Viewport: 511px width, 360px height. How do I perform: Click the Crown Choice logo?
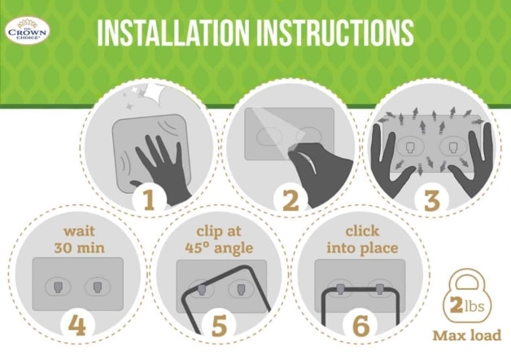pyautogui.click(x=28, y=31)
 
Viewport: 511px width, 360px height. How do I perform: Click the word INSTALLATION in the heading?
pyautogui.click(x=175, y=33)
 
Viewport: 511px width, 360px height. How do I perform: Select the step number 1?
pyautogui.click(x=149, y=200)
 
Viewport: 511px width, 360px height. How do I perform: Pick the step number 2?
pyautogui.click(x=290, y=200)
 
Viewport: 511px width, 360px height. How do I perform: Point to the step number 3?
pyautogui.click(x=432, y=200)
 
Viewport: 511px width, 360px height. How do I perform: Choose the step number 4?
pyautogui.click(x=77, y=325)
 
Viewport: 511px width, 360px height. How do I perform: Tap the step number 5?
pyautogui.click(x=219, y=325)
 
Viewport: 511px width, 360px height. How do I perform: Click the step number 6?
pyautogui.click(x=361, y=325)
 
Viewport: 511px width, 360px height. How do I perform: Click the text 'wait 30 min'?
pyautogui.click(x=79, y=239)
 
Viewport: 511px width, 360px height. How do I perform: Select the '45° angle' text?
pyautogui.click(x=219, y=248)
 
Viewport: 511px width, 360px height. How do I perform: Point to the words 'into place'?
pyautogui.click(x=362, y=248)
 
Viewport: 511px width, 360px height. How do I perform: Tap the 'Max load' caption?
pyautogui.click(x=466, y=336)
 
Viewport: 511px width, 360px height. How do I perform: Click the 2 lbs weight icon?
pyautogui.click(x=467, y=297)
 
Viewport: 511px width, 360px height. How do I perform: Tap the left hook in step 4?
pyautogui.click(x=57, y=287)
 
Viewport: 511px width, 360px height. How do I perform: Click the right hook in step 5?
pyautogui.click(x=241, y=289)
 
